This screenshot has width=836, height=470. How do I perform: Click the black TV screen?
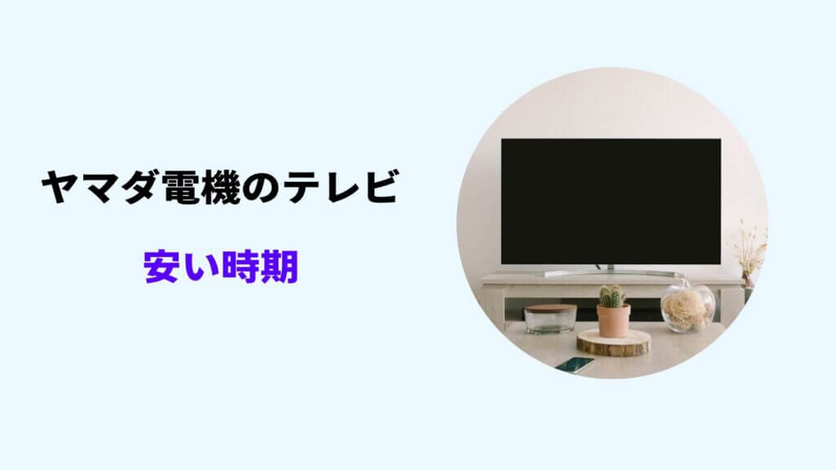[x=611, y=201]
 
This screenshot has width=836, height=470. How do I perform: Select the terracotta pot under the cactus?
[x=613, y=321]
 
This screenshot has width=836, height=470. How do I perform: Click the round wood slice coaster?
[x=614, y=343]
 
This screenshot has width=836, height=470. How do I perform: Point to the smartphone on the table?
[x=575, y=364]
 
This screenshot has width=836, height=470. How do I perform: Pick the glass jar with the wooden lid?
[x=550, y=319]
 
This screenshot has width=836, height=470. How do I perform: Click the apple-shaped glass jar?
[x=687, y=307]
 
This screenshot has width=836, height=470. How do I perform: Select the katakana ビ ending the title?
[x=380, y=188]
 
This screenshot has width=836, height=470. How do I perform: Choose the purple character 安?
[x=162, y=267]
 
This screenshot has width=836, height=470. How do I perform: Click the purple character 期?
[x=279, y=267]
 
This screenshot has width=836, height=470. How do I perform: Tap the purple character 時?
[x=241, y=267]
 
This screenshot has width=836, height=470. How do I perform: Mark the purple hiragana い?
[x=201, y=268]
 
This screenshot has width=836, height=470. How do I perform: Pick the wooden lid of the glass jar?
[x=550, y=308]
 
